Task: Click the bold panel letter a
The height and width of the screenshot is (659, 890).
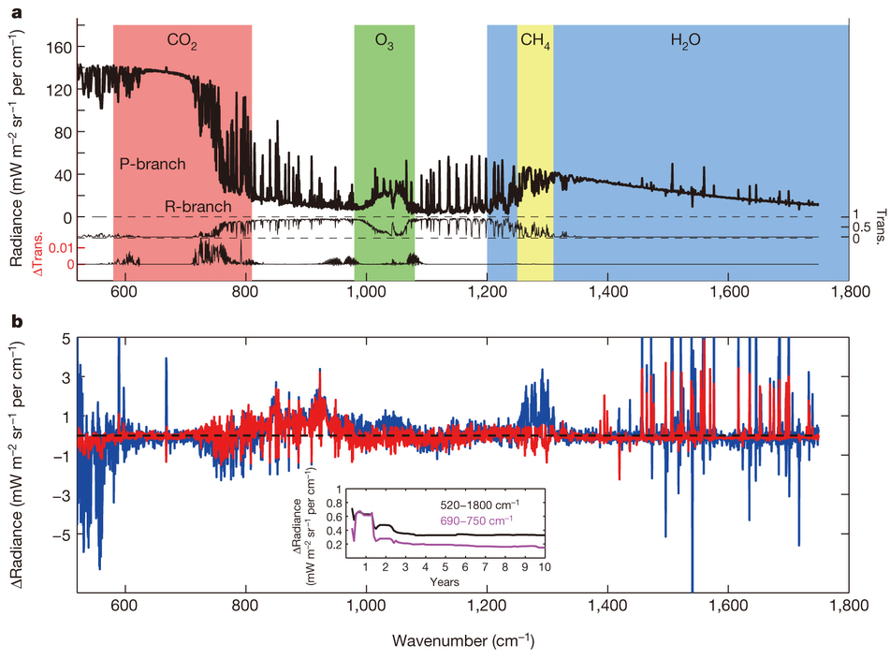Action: pos(16,14)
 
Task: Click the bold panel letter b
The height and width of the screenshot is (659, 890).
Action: pos(16,324)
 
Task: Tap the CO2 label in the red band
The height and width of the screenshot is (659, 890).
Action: pos(182,41)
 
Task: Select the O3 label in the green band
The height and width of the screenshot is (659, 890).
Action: pos(384,41)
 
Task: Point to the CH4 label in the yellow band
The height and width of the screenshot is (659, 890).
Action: pos(534,41)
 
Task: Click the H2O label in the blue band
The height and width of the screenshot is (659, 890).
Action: pos(685,41)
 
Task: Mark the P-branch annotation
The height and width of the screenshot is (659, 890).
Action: pos(153,164)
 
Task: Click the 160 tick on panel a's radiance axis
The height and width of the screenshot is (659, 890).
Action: pos(60,46)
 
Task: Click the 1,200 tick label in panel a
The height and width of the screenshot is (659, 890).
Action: pos(487,293)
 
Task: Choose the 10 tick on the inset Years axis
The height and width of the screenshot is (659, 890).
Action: pos(544,568)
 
